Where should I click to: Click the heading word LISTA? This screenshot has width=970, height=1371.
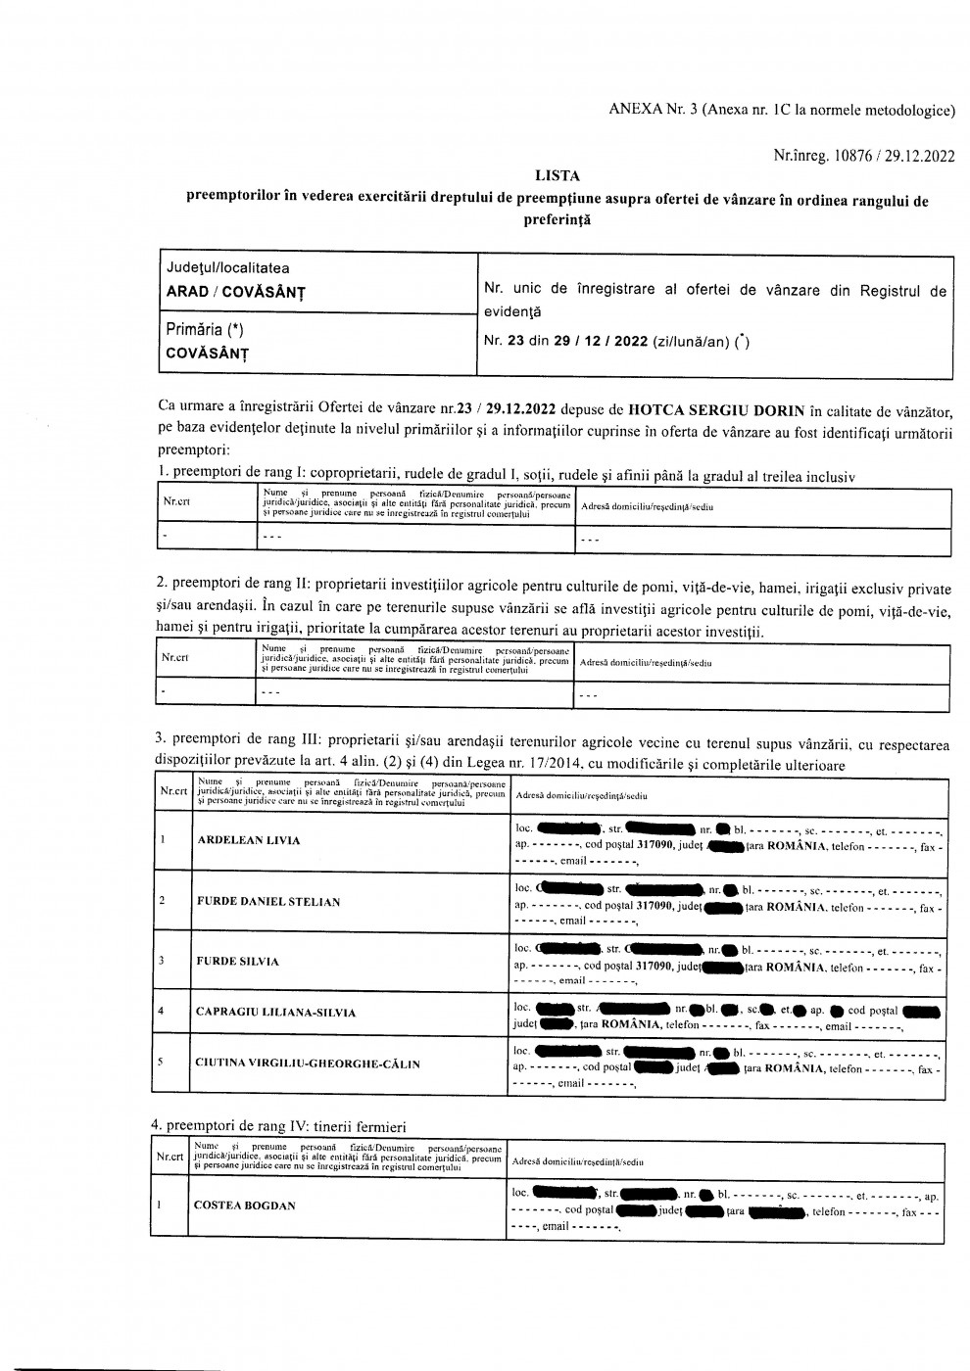tap(557, 176)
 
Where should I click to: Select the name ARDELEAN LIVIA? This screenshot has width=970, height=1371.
tap(249, 840)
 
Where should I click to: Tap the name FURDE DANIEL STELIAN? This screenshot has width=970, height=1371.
tap(268, 901)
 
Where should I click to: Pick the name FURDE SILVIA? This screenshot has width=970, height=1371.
tap(238, 961)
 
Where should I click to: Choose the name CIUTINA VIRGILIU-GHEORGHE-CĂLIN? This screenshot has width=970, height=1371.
tap(308, 1063)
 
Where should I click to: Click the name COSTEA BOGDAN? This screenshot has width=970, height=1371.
tap(245, 1206)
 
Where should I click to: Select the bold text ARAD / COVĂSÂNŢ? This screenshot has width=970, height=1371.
tap(235, 292)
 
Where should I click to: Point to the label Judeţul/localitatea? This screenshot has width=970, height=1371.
tap(227, 267)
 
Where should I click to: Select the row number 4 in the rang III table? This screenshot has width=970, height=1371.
tap(162, 1010)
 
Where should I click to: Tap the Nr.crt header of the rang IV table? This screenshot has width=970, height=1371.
tap(170, 1158)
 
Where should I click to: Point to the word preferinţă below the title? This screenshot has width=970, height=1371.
tap(558, 221)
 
